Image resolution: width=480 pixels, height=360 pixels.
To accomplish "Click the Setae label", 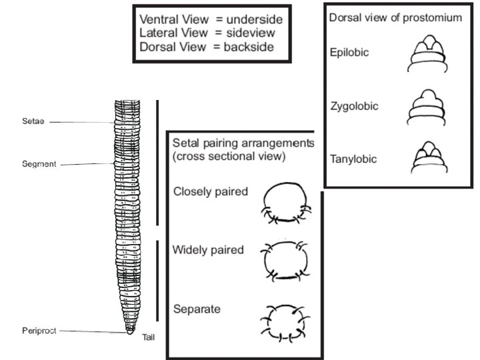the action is tap(33, 122).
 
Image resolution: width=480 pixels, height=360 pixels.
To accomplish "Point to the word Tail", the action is tap(148, 337).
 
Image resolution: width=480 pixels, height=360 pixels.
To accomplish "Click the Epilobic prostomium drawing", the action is tap(426, 56).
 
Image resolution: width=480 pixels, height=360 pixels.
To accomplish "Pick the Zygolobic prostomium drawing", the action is tap(426, 108).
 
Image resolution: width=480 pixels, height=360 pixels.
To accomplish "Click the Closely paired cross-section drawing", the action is tap(287, 203).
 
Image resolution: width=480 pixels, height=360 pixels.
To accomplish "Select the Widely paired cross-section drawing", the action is tap(287, 260).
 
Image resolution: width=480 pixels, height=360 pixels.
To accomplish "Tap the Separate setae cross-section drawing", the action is tap(287, 322).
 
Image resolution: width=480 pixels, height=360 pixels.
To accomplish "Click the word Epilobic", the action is tap(349, 52).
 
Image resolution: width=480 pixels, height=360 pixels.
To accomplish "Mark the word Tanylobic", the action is tap(353, 159).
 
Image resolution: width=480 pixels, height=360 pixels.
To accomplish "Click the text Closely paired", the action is tap(211, 192).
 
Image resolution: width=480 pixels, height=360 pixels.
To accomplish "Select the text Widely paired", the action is tap(208, 251).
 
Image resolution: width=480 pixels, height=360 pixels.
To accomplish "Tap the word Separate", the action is tap(197, 309).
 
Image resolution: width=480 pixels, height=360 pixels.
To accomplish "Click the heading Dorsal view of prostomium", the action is tap(395, 17).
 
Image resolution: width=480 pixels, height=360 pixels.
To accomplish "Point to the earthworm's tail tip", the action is tap(130, 331).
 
